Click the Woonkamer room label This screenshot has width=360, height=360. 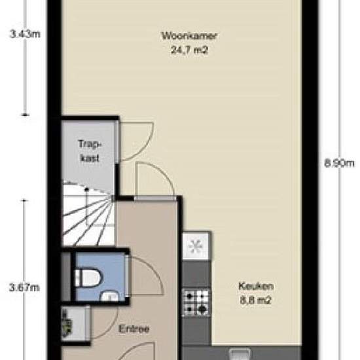point(189,36)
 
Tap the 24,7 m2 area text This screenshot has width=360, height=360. point(190,50)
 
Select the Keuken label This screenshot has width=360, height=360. point(256,286)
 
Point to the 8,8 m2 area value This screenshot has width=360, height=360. point(256,300)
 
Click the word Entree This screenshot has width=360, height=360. point(134,329)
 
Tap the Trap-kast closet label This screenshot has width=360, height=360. point(90,151)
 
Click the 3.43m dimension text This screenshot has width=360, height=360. point(25,34)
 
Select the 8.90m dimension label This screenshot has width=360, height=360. point(339,163)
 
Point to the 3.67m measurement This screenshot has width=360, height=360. point(24,287)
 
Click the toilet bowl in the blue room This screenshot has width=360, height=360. point(88,278)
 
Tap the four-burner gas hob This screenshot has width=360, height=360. point(196,302)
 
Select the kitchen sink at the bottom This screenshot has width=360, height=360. point(240,354)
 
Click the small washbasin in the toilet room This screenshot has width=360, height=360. point(110,296)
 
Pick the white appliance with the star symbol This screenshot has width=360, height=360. point(196,246)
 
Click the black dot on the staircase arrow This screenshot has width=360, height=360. point(86,189)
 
